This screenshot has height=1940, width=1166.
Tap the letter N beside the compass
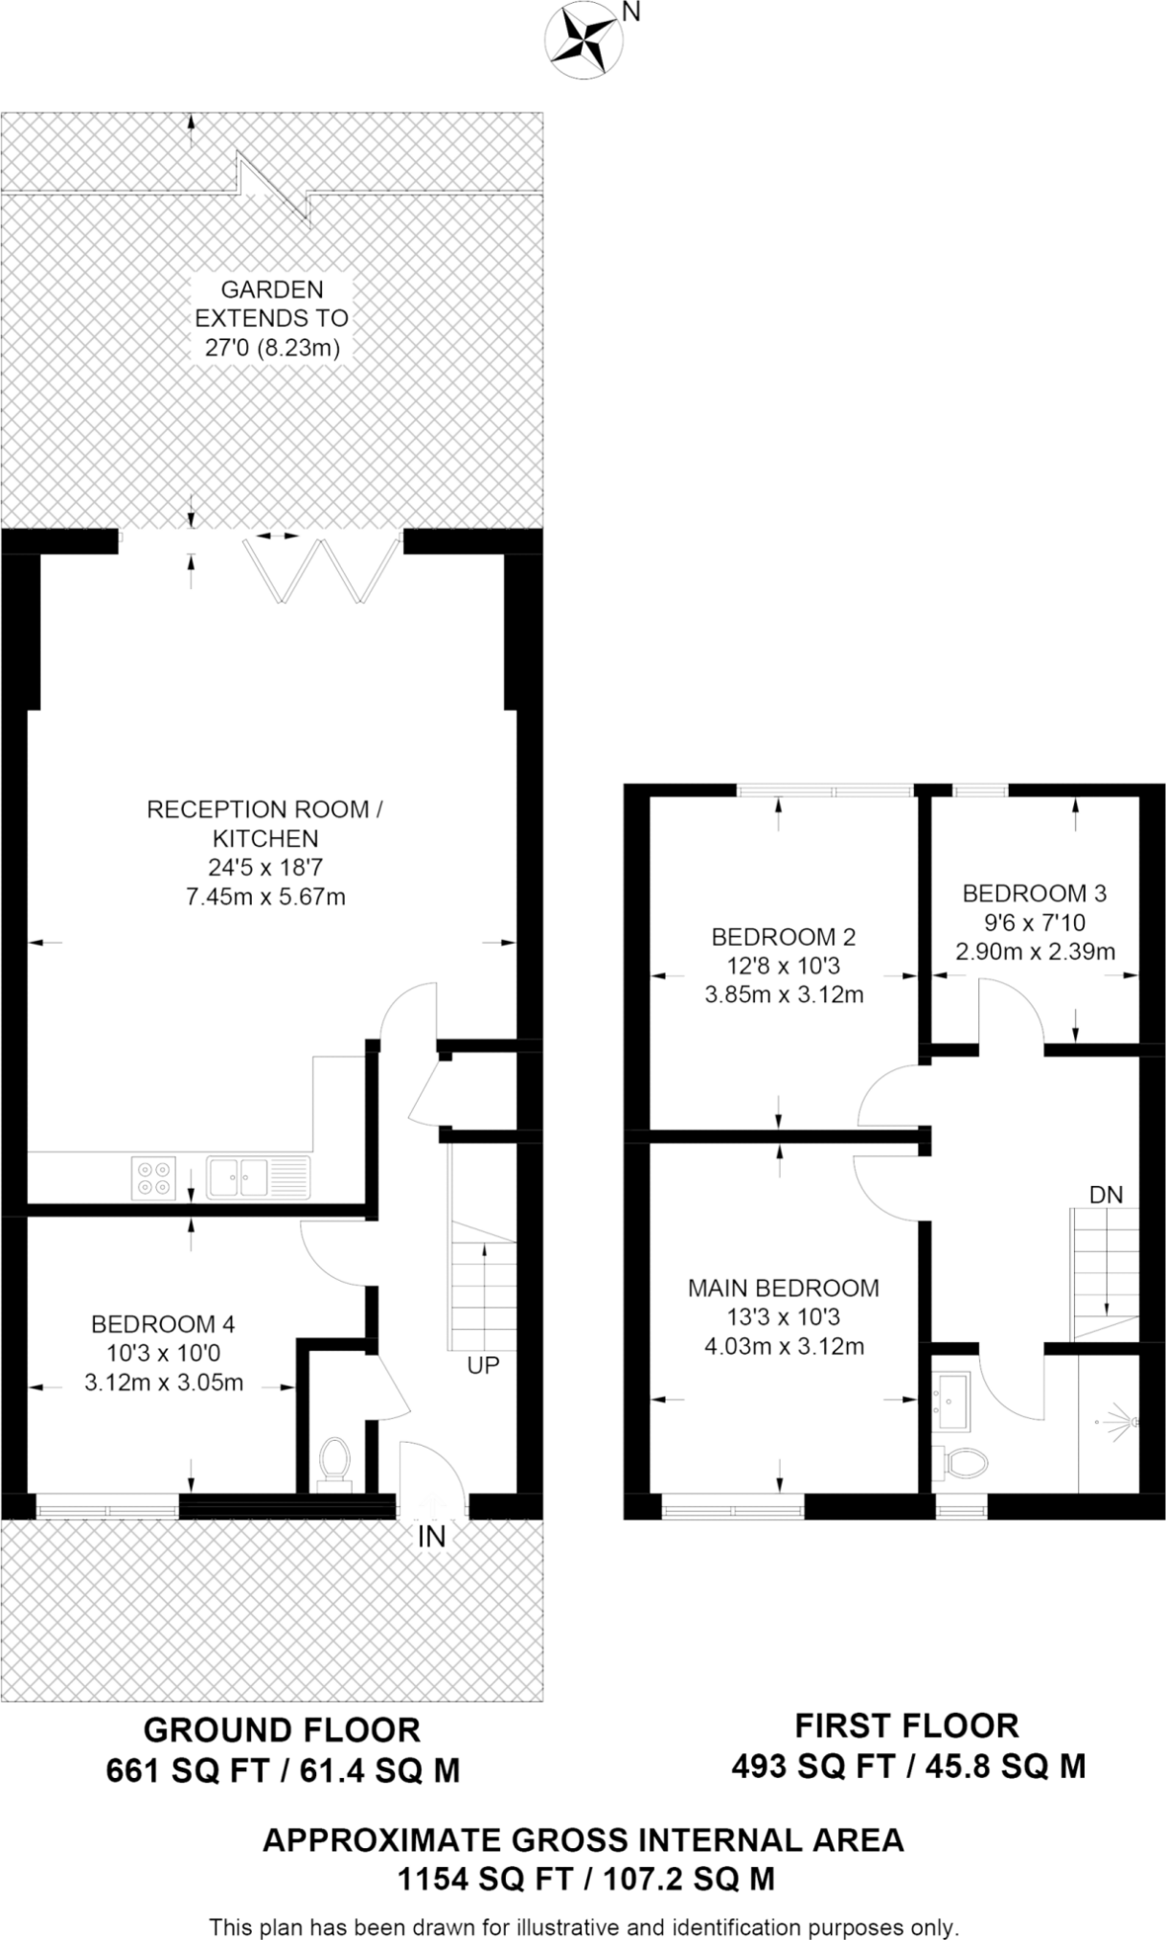click(x=630, y=12)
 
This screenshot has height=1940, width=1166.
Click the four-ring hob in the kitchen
click(x=154, y=1177)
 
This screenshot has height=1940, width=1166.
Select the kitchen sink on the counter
click(x=240, y=1176)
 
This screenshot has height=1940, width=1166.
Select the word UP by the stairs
click(x=483, y=1364)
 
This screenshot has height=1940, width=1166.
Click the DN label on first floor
click(x=1106, y=1195)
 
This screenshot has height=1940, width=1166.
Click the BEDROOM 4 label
click(x=163, y=1324)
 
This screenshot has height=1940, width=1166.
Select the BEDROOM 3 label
click(x=1034, y=894)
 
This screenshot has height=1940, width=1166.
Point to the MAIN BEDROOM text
click(x=783, y=1288)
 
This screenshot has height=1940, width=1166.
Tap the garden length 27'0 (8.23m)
click(x=272, y=347)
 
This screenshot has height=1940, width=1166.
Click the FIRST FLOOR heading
click(x=906, y=1725)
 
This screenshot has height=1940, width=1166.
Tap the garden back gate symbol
click(x=275, y=186)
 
